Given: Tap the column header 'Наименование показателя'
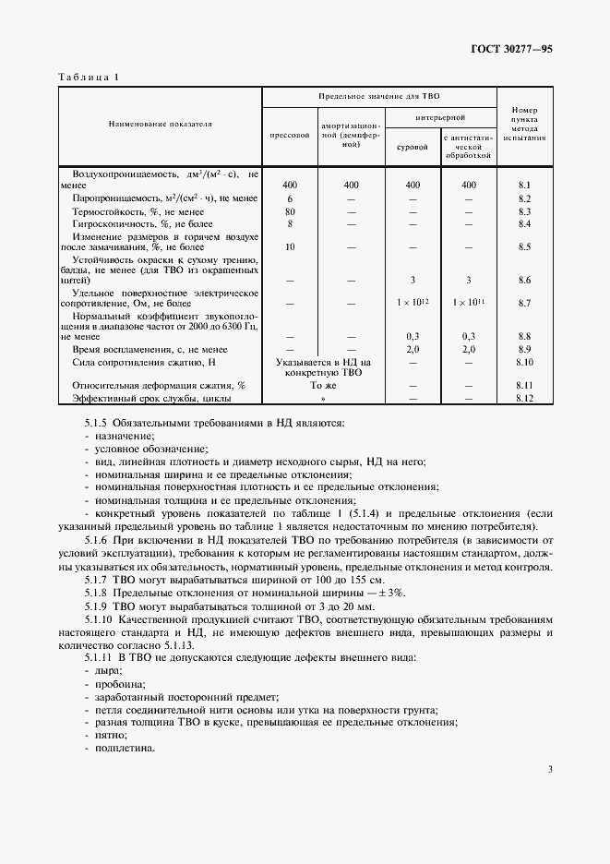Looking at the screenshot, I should (161, 123).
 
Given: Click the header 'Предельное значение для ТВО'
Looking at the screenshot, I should (379, 96).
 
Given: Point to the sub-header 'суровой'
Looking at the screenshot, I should (412, 146).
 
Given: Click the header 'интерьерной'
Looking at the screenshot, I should (440, 118).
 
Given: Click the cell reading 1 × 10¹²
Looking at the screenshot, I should (412, 302).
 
